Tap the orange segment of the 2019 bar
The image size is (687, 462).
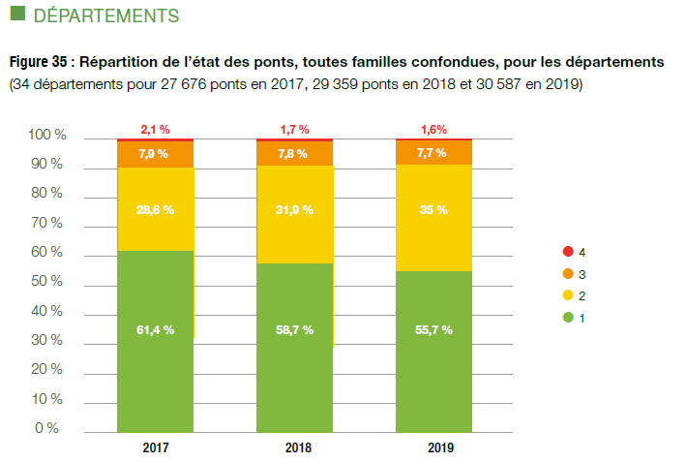coord(433,153)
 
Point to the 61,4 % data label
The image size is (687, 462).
coord(155,329)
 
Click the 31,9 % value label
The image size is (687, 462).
coord(294,209)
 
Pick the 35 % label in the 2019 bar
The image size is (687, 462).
coord(433,209)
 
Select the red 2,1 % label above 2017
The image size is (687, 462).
coord(155,129)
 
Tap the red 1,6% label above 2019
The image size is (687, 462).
coord(433,129)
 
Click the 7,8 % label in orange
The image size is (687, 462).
coord(294,153)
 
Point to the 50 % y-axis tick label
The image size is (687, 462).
coord(46,282)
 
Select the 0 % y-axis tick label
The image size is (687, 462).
coord(50,428)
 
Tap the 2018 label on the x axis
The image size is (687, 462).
coord(294,448)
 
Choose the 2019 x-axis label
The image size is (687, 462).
coord(433,448)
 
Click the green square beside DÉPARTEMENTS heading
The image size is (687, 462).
coord(15,15)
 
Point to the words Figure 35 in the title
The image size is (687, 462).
coord(38,62)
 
